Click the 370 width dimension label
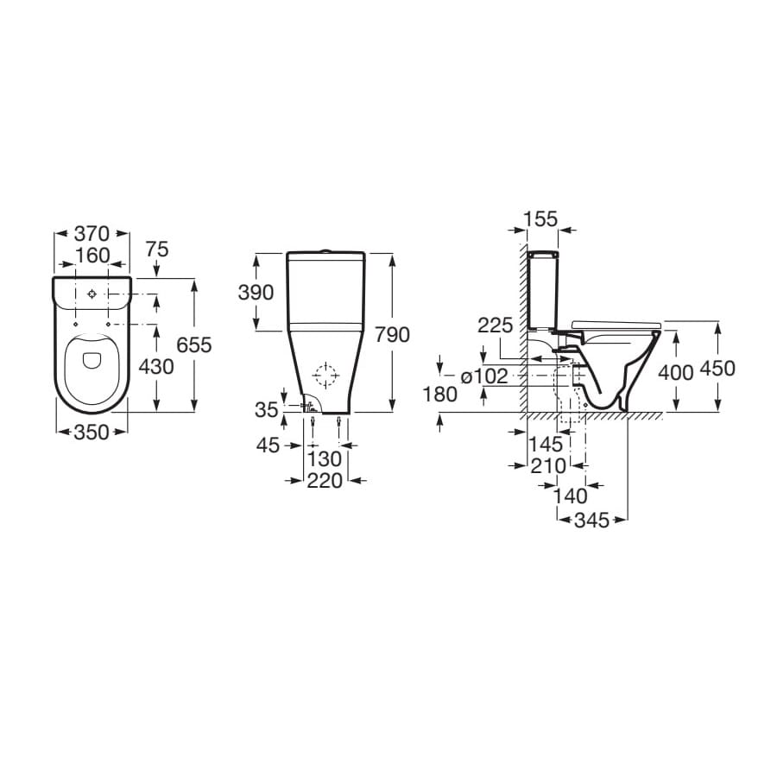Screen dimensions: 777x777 click(x=92, y=233)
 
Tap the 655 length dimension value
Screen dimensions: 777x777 click(x=194, y=344)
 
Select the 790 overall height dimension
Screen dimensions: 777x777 click(x=392, y=335)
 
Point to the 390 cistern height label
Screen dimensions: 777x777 click(x=256, y=293)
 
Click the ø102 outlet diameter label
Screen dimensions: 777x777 click(x=484, y=376)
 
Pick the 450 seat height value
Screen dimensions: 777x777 click(x=717, y=369)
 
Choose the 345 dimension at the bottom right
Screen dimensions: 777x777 click(x=591, y=521)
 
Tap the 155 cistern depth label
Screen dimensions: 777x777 click(x=540, y=218)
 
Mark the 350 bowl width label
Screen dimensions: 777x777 click(x=92, y=433)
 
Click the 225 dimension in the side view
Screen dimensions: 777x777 click(x=495, y=325)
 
